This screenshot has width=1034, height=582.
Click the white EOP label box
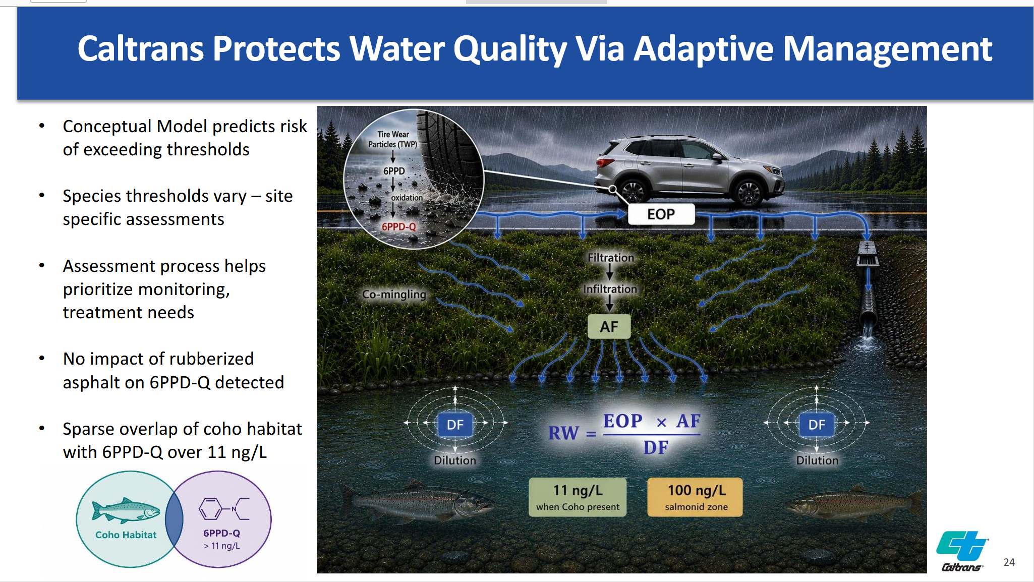661,214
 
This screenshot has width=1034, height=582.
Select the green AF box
609,327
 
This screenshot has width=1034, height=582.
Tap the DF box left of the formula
455,424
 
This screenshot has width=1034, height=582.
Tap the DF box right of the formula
817,424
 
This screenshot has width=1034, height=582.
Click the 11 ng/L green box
578,497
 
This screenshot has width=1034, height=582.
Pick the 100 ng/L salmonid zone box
695,497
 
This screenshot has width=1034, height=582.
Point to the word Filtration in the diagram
610,258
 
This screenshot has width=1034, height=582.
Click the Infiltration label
610,289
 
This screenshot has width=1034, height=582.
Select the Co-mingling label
394,294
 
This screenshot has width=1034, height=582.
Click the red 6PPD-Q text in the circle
398,227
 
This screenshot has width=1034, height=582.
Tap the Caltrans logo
962,551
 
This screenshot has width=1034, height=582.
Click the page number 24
1009,562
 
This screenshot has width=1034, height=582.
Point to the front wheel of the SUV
748,193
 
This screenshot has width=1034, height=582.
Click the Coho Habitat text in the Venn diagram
126,535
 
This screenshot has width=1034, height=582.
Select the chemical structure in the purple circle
224,508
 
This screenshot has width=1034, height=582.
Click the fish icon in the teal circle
126,510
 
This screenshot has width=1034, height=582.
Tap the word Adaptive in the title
703,49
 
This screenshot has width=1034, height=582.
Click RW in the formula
563,433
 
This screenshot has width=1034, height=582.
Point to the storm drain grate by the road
868,254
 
